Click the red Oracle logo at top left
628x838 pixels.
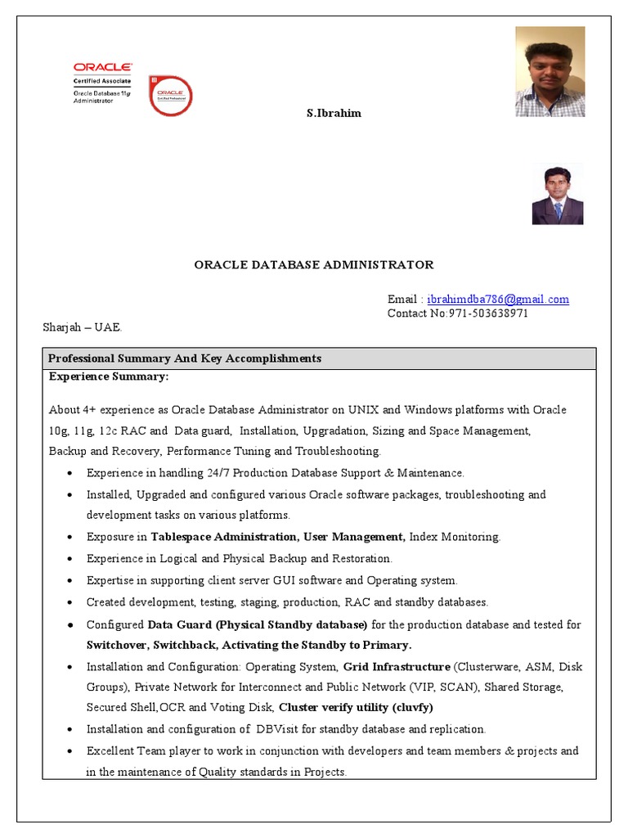tap(102, 67)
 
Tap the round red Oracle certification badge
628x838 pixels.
tap(170, 96)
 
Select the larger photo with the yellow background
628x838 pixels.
tap(549, 71)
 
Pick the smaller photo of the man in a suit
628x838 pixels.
tap(557, 194)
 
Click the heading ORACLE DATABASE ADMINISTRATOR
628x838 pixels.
tap(313, 264)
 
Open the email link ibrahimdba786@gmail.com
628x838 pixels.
tap(498, 299)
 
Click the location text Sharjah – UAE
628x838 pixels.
tap(82, 327)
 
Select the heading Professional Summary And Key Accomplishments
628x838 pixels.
tap(185, 358)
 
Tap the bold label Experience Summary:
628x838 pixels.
tap(109, 376)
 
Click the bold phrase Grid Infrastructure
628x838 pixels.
tap(397, 666)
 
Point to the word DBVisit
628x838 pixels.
tap(283, 728)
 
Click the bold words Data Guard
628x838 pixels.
tap(176, 624)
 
